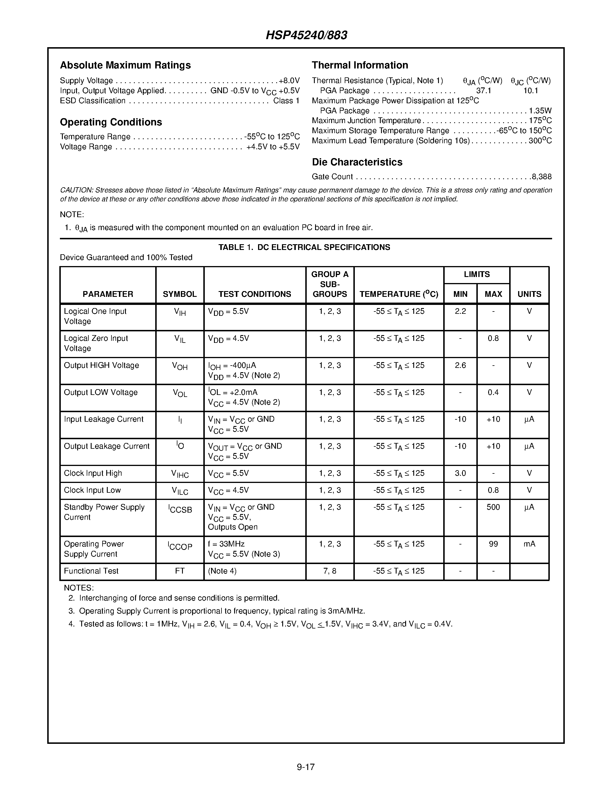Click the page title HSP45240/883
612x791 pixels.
(x=306, y=35)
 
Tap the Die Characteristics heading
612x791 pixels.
(x=357, y=162)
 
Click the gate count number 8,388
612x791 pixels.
(x=542, y=177)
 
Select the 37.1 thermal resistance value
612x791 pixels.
(x=483, y=91)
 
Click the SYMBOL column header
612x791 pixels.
(x=179, y=294)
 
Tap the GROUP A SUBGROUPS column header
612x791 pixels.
(x=329, y=284)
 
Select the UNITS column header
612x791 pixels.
(x=529, y=294)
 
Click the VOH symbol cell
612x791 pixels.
(x=179, y=366)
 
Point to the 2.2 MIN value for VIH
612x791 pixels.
(x=460, y=311)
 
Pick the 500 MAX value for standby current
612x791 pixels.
(x=493, y=507)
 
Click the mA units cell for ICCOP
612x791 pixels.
(x=529, y=544)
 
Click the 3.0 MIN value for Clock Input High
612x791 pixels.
(x=460, y=473)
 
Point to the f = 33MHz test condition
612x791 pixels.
(x=226, y=544)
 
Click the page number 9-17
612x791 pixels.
(x=306, y=767)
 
